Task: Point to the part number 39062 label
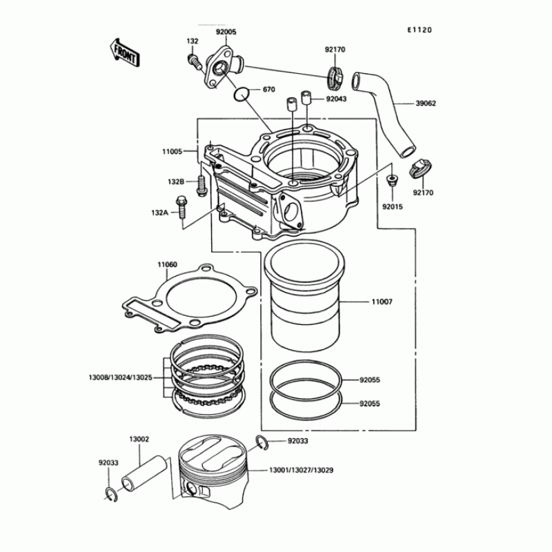point(426,103)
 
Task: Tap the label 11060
point(167,265)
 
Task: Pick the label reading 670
point(268,90)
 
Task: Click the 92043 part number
point(337,99)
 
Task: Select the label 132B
point(176,181)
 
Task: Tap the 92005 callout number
point(226,32)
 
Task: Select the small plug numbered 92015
point(393,181)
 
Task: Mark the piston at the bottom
point(220,469)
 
